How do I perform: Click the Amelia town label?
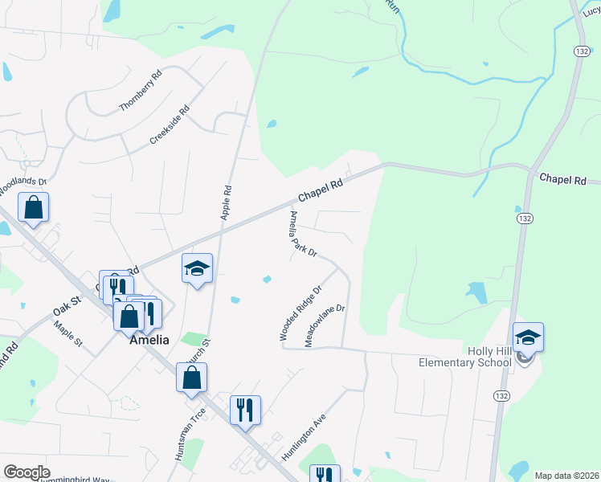tap(149, 340)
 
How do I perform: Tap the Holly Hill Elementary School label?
tap(465, 357)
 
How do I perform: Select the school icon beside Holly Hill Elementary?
tap(528, 337)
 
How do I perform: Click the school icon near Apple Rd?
tap(197, 269)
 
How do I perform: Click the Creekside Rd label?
tap(169, 126)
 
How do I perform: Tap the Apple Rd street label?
tap(227, 203)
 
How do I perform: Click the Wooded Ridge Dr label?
tap(300, 312)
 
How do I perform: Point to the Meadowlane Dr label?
tap(324, 325)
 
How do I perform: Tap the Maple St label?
tap(68, 333)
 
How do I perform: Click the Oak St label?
tap(67, 305)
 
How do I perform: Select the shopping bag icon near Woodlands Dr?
tap(34, 207)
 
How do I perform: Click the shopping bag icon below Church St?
tap(191, 378)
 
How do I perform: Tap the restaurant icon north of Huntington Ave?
tap(246, 410)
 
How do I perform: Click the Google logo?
tap(27, 472)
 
